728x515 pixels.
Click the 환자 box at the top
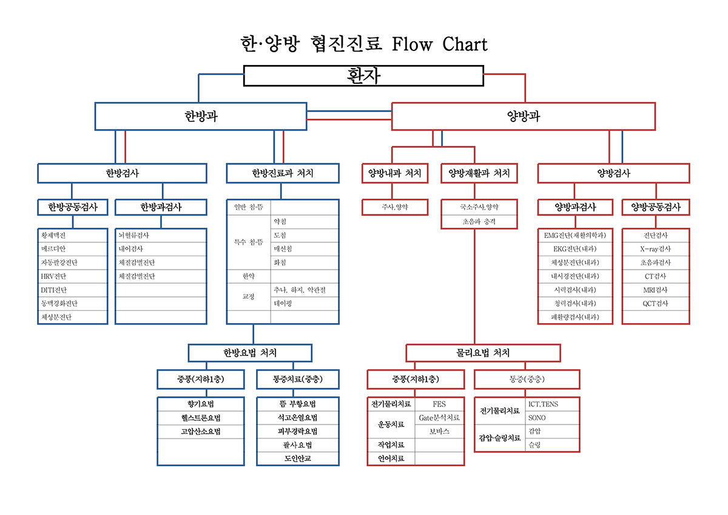363,76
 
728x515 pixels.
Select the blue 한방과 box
201,116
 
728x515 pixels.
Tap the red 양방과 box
523,116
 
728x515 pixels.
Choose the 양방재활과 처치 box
479,174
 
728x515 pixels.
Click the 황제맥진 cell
73,235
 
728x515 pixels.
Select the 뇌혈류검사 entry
161,235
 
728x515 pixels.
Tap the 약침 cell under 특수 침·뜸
304,222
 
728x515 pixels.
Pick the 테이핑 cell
304,303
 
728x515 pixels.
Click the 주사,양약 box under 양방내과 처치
395,207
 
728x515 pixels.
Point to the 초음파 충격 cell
479,222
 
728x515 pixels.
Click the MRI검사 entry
656,290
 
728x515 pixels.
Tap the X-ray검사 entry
656,249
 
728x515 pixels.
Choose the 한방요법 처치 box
250,353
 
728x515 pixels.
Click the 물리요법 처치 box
483,353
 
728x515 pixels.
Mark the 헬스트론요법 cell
201,418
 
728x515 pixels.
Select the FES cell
439,404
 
